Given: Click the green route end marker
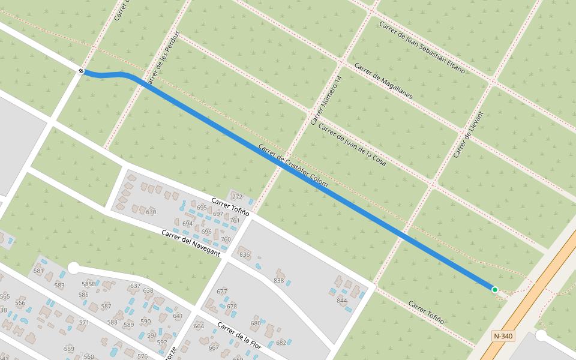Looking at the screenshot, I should click(495, 290).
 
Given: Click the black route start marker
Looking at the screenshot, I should click(81, 71).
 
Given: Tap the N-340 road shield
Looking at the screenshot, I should click(502, 336).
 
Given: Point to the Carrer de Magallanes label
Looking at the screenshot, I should click(383, 80).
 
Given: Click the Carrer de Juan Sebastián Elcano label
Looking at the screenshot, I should click(422, 47).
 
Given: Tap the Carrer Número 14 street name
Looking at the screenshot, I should click(326, 100).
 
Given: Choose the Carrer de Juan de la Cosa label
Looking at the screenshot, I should click(352, 145).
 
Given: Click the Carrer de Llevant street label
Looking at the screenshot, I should click(468, 134).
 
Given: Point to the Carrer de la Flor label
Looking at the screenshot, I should click(239, 336).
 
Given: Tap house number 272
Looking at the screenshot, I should click(237, 197).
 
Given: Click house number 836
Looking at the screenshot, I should click(245, 255).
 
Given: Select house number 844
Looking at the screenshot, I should click(342, 300).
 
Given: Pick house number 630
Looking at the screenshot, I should click(151, 212).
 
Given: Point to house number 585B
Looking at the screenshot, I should click(88, 284).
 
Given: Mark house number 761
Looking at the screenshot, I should click(235, 220).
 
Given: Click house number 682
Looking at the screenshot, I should click(281, 343).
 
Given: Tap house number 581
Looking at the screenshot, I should click(38, 271).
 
